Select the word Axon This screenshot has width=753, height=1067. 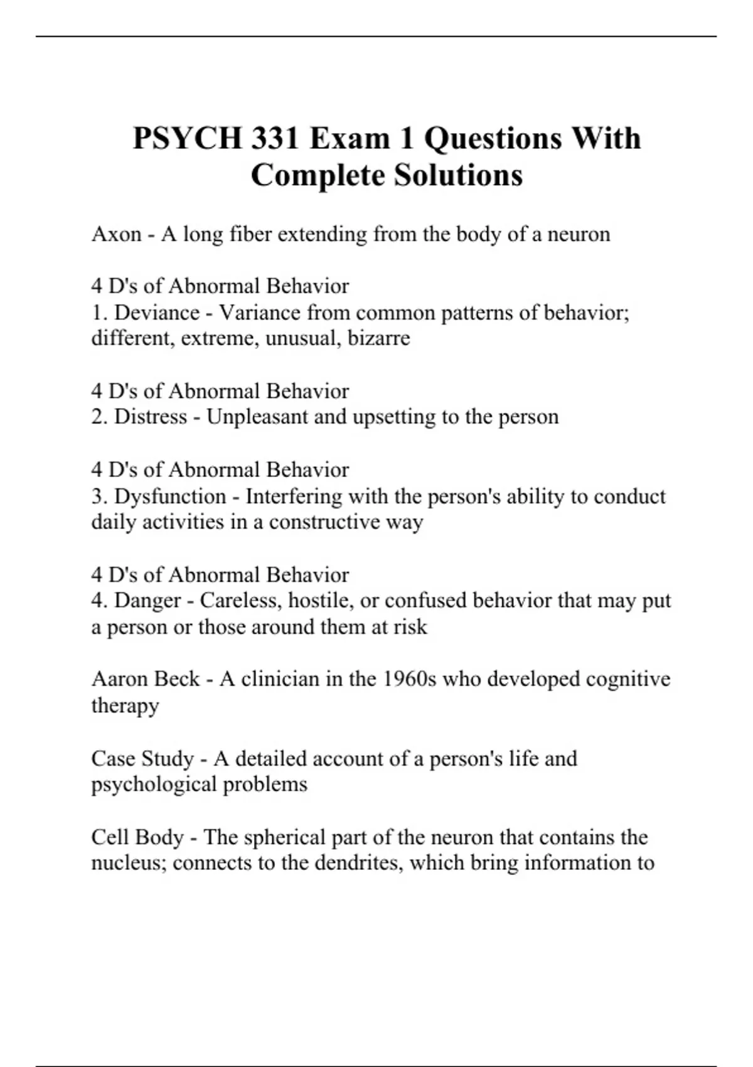pyautogui.click(x=116, y=234)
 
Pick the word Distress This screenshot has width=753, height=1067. pyautogui.click(x=151, y=416)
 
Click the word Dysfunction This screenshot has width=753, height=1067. pyautogui.click(x=170, y=496)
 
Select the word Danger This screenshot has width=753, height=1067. pyautogui.click(x=148, y=601)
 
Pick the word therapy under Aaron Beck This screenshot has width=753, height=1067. pyautogui.click(x=125, y=705)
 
